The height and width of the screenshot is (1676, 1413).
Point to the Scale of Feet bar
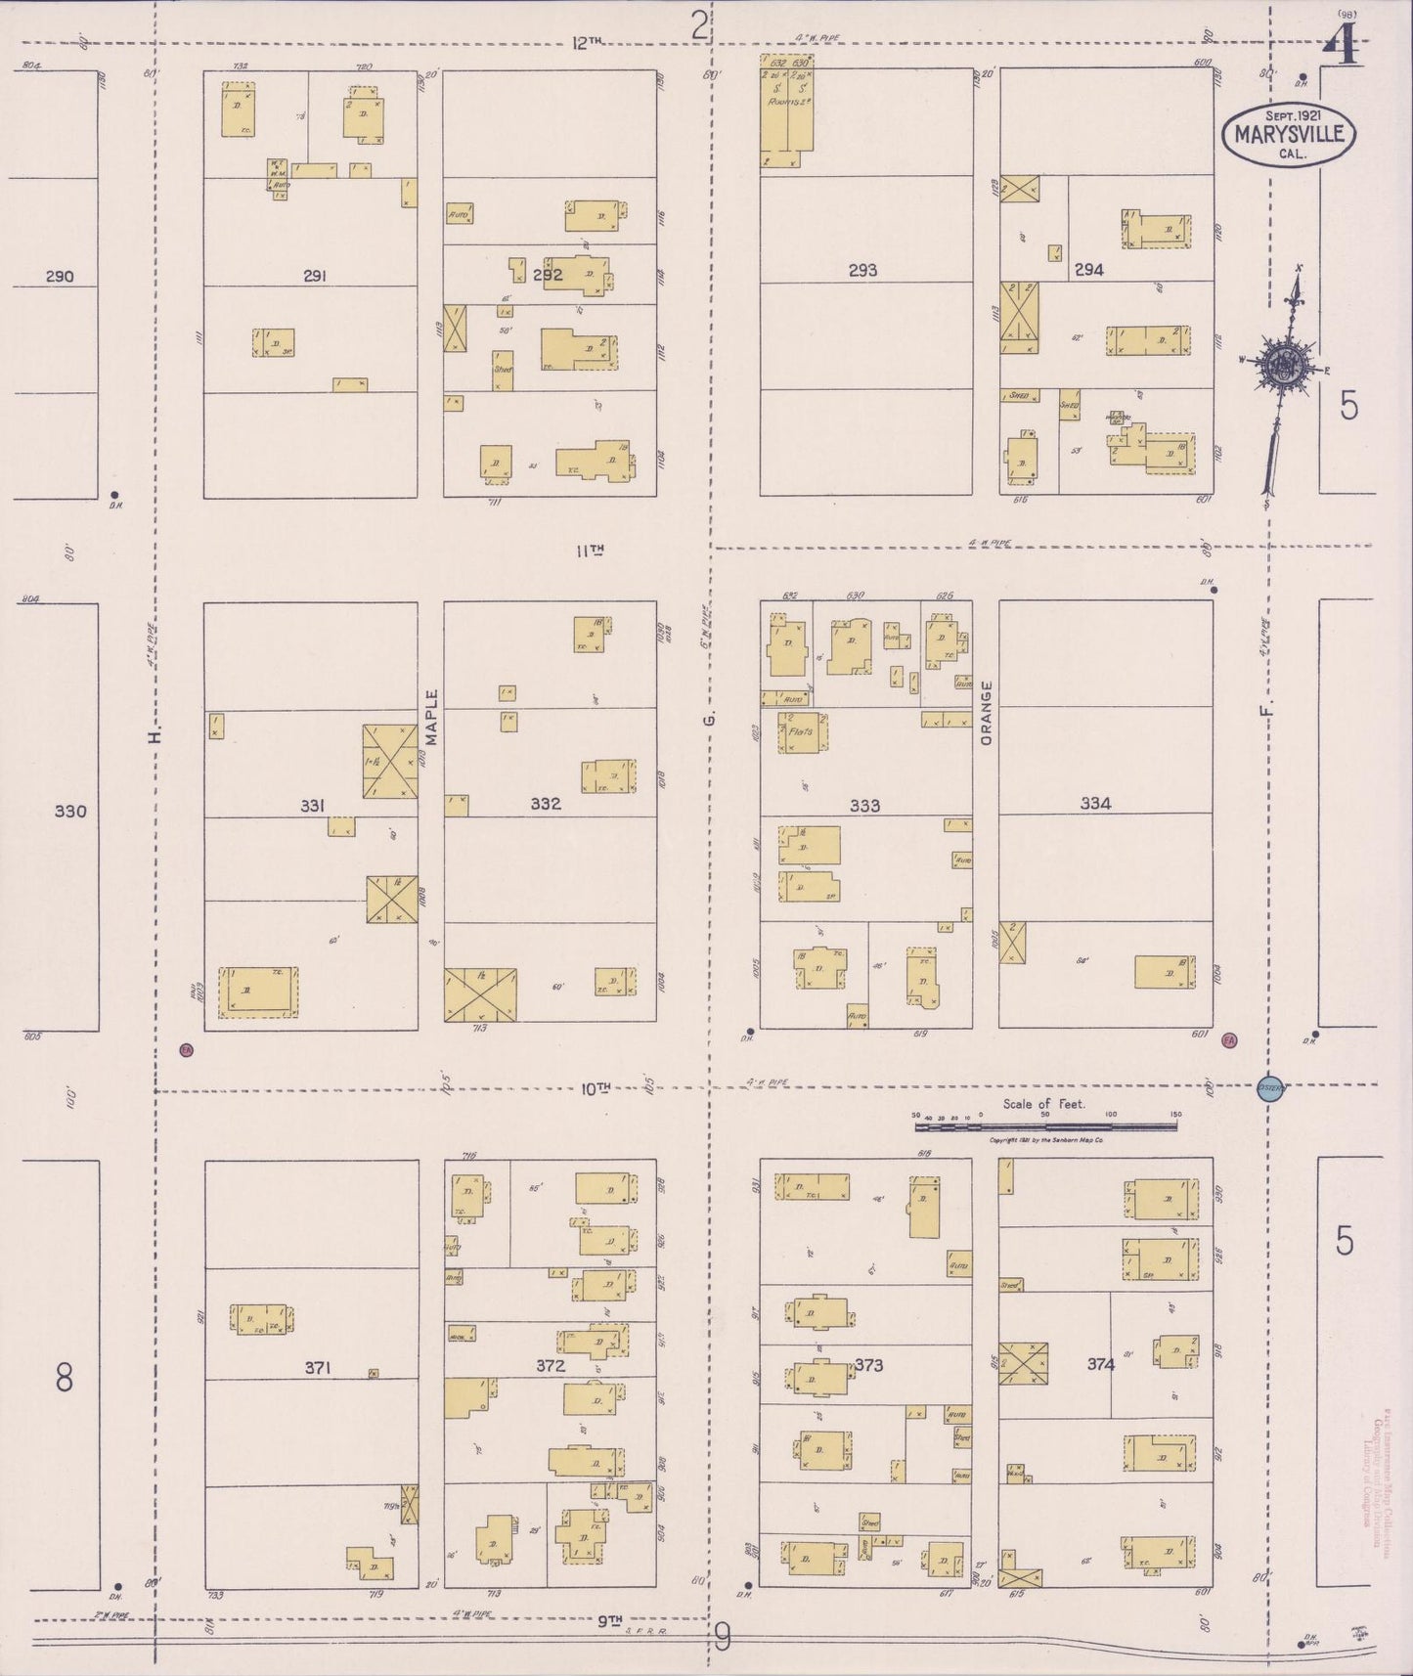[1045, 1126]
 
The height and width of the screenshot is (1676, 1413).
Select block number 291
[314, 277]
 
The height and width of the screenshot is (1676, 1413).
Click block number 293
[862, 271]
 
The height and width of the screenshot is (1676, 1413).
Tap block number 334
[1095, 804]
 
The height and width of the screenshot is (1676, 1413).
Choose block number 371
[317, 1367]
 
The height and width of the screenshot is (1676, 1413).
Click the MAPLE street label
[432, 719]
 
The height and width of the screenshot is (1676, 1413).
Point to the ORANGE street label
[986, 713]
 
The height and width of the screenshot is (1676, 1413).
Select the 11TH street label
[589, 551]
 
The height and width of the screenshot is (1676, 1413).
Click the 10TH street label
[596, 1087]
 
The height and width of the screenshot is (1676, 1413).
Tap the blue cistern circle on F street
[1269, 1086]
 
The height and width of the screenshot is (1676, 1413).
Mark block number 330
[70, 811]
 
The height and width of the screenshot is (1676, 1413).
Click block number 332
[546, 804]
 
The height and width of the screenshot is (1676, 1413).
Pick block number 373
[868, 1365]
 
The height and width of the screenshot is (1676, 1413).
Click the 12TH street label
[587, 42]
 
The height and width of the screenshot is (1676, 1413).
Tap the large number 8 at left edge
[65, 1378]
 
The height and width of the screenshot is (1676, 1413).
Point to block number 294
[1088, 270]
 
